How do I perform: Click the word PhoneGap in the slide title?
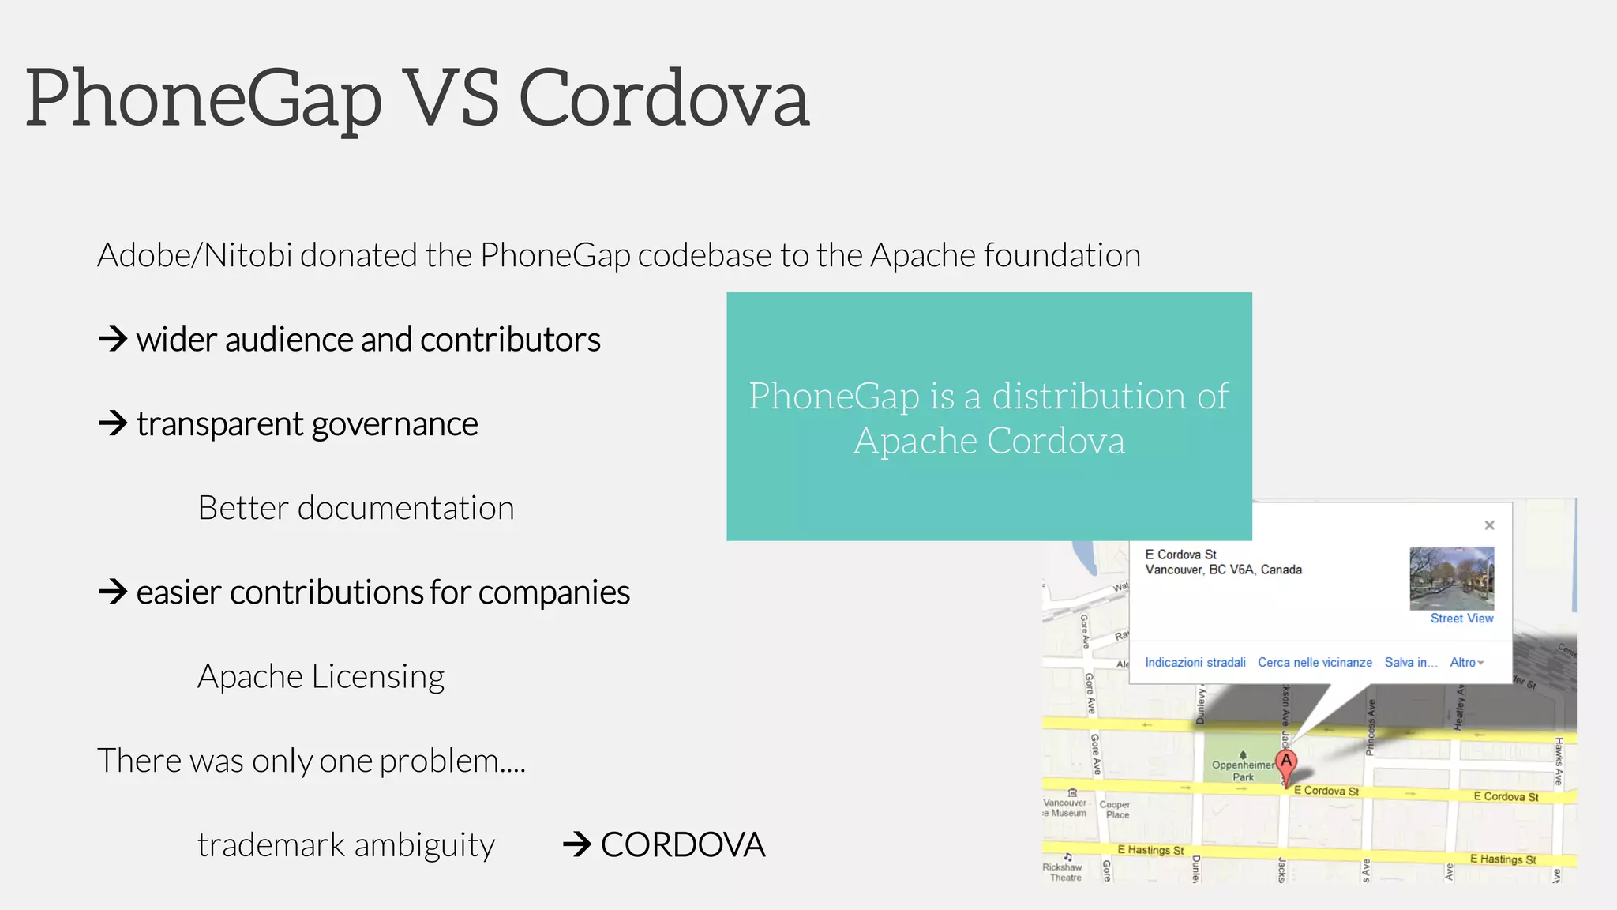(x=204, y=99)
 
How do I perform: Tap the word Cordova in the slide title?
(x=664, y=99)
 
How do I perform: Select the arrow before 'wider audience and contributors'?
(x=113, y=340)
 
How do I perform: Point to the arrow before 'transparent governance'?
(x=113, y=423)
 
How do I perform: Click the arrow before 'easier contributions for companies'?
(x=113, y=592)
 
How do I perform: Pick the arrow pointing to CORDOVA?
(x=577, y=844)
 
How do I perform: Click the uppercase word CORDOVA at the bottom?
(x=683, y=844)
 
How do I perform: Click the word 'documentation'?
(x=406, y=508)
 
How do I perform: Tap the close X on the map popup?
(x=1489, y=525)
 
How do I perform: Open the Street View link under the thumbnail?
(x=1461, y=619)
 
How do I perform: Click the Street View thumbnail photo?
(x=1451, y=577)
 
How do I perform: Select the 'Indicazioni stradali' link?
(x=1195, y=662)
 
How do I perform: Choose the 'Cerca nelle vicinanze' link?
(x=1315, y=662)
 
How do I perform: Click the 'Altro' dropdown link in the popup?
(x=1466, y=662)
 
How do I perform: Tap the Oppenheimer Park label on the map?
(x=1243, y=769)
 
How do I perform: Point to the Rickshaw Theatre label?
(x=1063, y=871)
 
